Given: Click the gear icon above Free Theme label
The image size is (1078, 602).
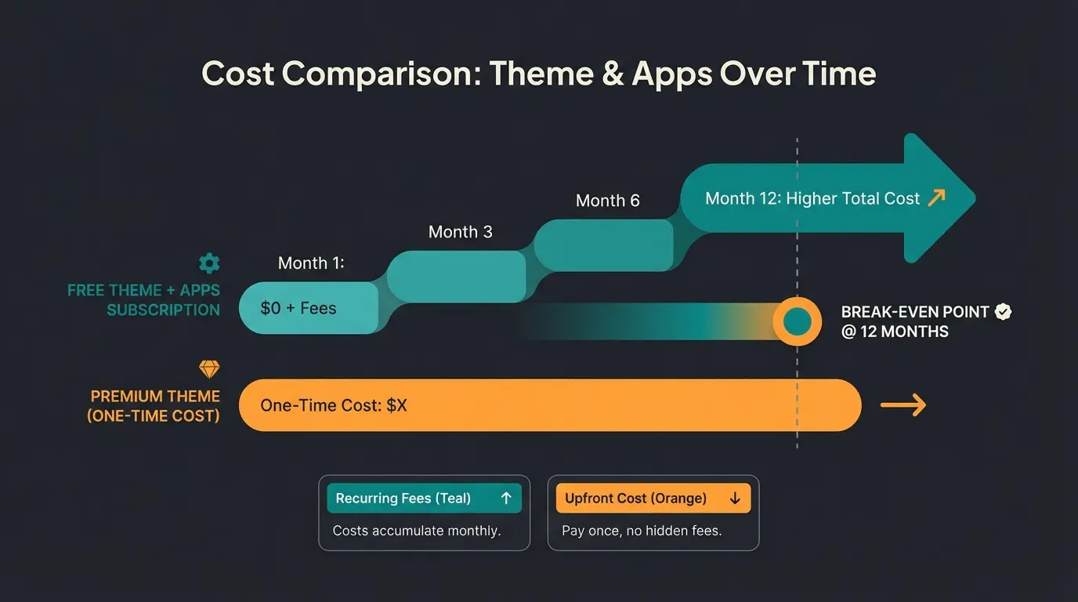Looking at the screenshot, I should tap(209, 263).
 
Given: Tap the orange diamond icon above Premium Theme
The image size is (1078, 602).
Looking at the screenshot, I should tap(209, 369).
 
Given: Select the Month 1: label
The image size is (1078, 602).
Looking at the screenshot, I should tap(311, 263).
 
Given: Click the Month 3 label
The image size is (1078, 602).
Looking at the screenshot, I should tap(460, 232).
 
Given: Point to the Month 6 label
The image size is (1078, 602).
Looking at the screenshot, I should tap(607, 201).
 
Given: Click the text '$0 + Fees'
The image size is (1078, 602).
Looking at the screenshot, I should tap(298, 308).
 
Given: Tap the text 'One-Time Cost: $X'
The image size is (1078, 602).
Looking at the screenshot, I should tap(334, 405).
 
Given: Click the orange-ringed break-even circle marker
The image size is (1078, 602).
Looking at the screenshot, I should tap(797, 321).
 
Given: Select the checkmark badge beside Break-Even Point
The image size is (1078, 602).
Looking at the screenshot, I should tap(1003, 312).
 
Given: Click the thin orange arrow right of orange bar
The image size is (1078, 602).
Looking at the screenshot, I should tap(903, 405).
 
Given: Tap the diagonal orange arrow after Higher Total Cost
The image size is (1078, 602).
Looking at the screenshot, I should tap(936, 198).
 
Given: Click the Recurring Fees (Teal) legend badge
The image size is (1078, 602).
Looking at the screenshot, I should tap(424, 499).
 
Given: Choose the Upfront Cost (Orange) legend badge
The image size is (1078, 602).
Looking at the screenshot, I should tap(653, 499).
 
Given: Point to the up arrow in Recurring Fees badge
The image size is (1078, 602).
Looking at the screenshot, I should tap(505, 499).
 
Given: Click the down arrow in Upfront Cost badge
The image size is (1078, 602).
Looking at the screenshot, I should tap(734, 499).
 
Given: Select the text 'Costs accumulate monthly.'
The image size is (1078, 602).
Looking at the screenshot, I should tap(416, 531).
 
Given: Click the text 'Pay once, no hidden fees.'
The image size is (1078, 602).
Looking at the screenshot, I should tap(641, 531).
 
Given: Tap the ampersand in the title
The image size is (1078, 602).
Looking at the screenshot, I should tap(613, 74).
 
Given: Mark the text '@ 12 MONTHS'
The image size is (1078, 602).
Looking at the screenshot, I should tap(894, 332).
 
